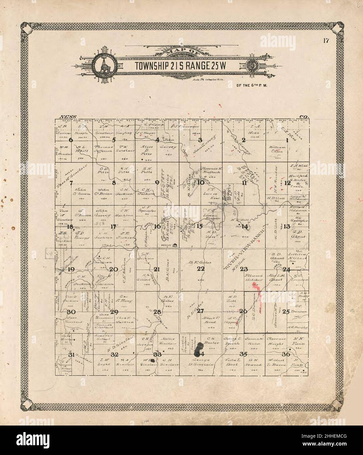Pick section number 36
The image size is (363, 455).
pyautogui.click(x=286, y=354)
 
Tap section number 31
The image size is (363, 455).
pyautogui.click(x=70, y=355)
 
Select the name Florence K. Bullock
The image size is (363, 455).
pyautogui.click(x=211, y=169)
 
